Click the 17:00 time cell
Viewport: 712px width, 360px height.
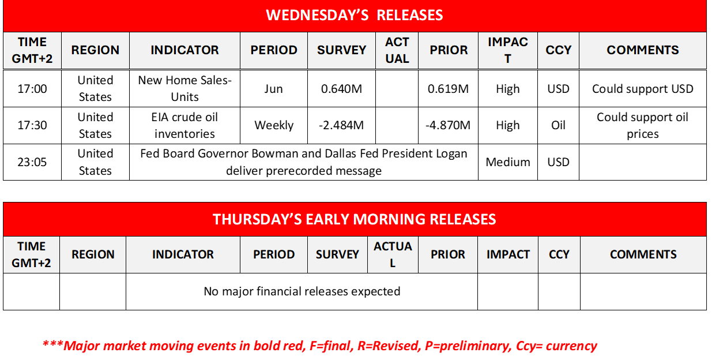coord(32,89)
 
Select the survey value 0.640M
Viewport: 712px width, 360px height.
coord(341,89)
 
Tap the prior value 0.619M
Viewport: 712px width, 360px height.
coord(448,89)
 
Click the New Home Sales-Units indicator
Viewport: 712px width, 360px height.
coord(184,88)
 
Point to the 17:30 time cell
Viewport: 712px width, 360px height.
coord(32,125)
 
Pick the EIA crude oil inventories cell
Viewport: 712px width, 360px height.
coord(184,125)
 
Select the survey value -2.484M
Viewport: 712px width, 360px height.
coord(341,125)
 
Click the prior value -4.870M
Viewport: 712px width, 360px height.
coord(448,125)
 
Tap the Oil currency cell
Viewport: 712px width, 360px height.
coord(558,125)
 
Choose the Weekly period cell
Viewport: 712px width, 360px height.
coord(274,125)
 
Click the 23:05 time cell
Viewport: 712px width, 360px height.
coord(32,162)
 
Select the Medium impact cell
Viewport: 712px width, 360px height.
coord(508,162)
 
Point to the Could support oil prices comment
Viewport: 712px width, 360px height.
coord(642,125)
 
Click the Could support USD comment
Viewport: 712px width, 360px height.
coord(642,89)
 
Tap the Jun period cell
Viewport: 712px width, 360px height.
coord(274,89)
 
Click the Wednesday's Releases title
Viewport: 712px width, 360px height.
coord(355,15)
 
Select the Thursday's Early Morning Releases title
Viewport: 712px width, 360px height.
coord(355,219)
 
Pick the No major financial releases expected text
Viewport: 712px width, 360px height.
coord(302,291)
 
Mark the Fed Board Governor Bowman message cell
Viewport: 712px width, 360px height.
coord(304,162)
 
